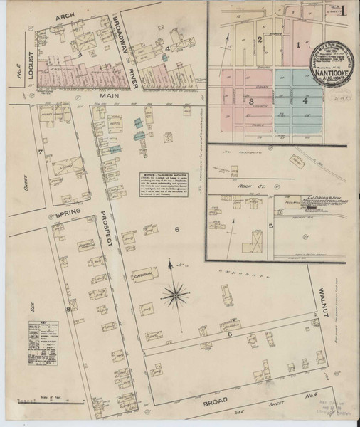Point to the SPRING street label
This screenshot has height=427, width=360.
(60, 212)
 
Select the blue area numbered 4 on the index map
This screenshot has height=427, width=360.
(305, 101)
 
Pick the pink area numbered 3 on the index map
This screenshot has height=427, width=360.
(250, 102)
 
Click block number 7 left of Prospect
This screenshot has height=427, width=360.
(41, 152)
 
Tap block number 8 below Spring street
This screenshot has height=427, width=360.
(68, 309)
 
